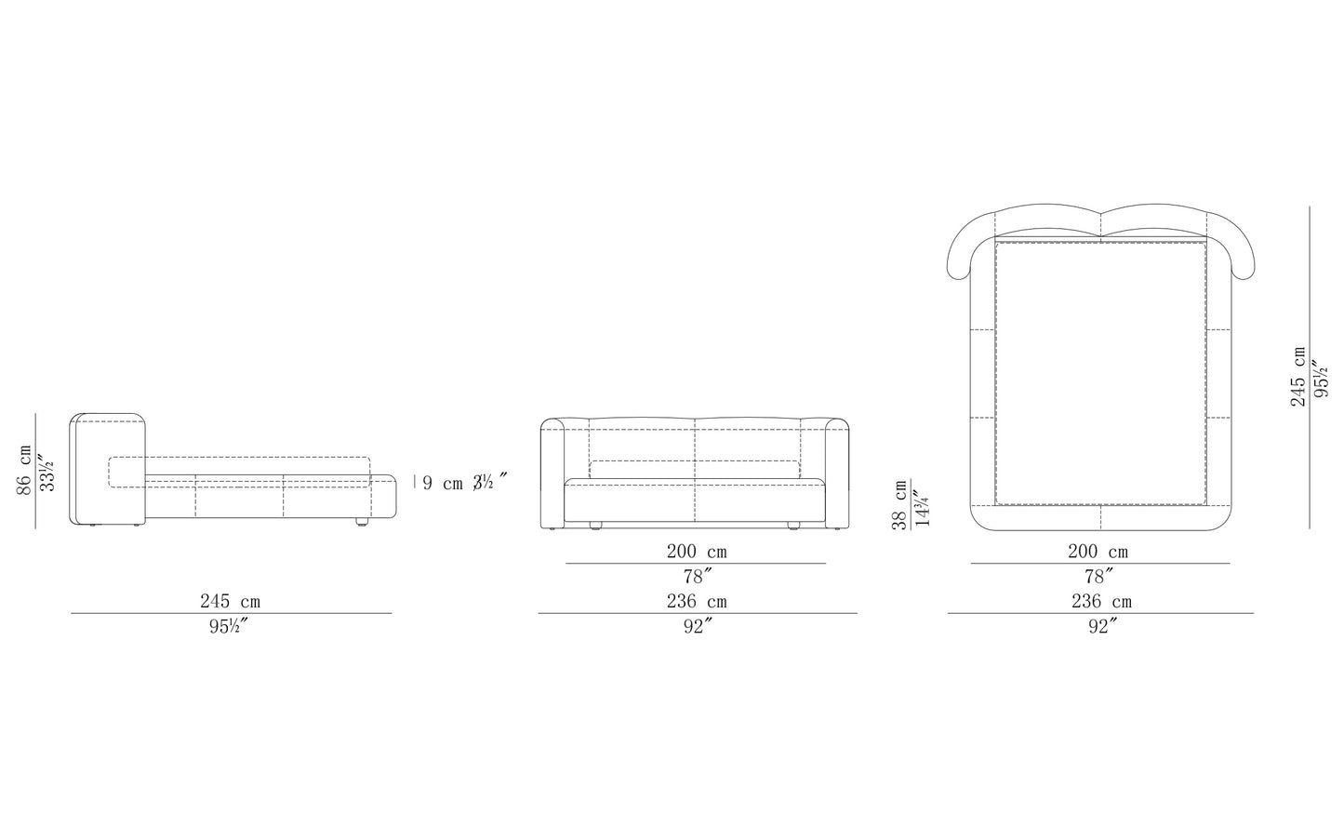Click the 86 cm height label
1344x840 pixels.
click(24, 470)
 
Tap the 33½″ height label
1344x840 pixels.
click(47, 473)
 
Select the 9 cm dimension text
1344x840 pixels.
click(443, 483)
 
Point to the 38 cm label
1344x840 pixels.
click(899, 504)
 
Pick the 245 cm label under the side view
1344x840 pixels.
click(231, 601)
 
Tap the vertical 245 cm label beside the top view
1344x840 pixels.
click(1298, 376)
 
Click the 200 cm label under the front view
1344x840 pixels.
click(697, 552)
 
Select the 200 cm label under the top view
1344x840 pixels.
click(1098, 552)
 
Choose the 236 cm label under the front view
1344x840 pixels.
click(697, 601)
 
